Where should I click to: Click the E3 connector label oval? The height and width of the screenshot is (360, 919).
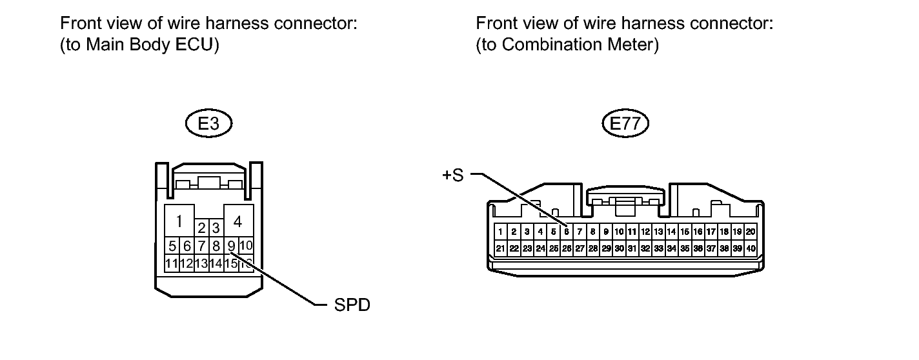coord(208,124)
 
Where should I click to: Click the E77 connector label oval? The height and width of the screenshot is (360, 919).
coord(625,124)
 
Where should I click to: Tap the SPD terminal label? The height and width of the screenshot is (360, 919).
coord(352,305)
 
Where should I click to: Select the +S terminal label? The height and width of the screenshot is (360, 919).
coord(453,175)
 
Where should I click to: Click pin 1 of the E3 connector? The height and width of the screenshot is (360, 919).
coord(179,222)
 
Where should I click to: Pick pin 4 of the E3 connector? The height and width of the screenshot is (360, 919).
coord(237,222)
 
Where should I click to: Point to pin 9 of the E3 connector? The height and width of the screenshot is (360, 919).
coord(231,246)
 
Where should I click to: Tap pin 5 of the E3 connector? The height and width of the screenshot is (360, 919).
coord(172,246)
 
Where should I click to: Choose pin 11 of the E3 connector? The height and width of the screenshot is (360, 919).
coord(172,263)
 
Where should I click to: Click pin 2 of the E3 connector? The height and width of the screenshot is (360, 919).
coord(201,228)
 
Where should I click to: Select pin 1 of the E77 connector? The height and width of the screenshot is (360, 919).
coord(500,231)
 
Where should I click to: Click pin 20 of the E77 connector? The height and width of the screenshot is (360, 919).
coord(751,231)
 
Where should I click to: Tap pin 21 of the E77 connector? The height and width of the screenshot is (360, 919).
coord(500,248)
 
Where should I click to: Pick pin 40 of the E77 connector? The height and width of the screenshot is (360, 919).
coord(751,248)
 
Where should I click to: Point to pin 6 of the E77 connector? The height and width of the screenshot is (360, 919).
coord(566,231)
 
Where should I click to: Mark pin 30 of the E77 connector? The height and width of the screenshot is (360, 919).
coord(619,248)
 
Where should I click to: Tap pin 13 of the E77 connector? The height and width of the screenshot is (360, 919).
coord(658,231)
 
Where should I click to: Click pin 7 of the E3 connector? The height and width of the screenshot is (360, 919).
coord(201,246)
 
